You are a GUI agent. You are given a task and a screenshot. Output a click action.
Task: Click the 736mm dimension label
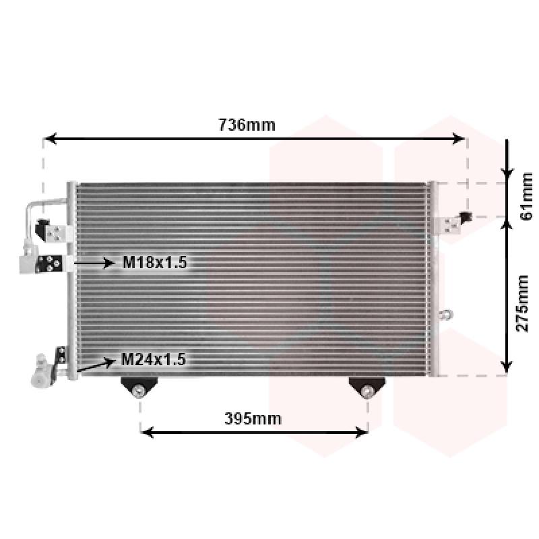point(247,125)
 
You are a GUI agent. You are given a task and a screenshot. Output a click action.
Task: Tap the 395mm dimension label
point(253,418)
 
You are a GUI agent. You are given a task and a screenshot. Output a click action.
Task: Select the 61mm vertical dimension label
point(526,197)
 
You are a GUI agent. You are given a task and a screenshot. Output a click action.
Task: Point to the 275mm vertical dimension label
point(522,303)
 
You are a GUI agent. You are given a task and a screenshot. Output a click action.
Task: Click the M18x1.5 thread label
point(155,262)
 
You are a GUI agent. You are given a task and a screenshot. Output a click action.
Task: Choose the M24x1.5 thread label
point(154,360)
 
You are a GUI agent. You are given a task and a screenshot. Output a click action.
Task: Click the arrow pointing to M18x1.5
point(94,263)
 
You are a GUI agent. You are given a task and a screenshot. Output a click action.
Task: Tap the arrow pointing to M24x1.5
point(96,365)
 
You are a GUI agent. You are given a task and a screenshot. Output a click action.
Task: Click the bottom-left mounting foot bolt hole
point(139,390)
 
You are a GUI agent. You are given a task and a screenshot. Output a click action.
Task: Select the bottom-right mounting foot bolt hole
point(367,391)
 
